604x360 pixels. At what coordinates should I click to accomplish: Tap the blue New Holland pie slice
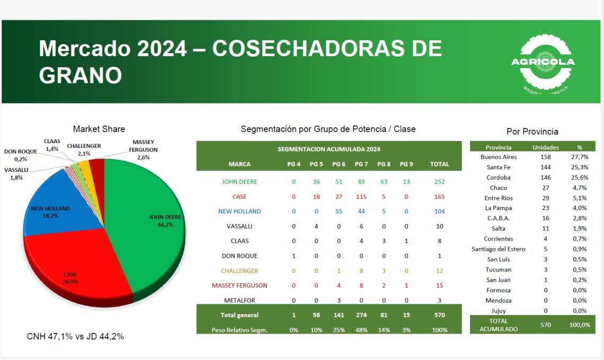pyautogui.click(x=61, y=204)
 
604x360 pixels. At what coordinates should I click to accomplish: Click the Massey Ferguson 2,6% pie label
pyautogui.click(x=143, y=150)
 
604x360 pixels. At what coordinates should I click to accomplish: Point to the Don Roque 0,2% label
pyautogui.click(x=21, y=155)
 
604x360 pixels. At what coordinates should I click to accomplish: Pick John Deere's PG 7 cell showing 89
pyautogui.click(x=361, y=182)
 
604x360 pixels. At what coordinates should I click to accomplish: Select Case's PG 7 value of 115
pyautogui.click(x=361, y=197)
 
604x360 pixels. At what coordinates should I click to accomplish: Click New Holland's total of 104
pyautogui.click(x=440, y=211)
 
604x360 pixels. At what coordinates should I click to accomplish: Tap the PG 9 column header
pyautogui.click(x=406, y=164)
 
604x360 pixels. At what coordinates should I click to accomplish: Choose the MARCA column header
pyautogui.click(x=239, y=164)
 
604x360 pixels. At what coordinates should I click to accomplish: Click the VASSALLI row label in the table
pyautogui.click(x=239, y=226)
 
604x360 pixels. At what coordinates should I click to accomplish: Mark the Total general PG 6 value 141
pyautogui.click(x=339, y=315)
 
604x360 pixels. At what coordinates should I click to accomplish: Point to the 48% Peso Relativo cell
pyautogui.click(x=361, y=330)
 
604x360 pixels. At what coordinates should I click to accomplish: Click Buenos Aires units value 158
pyautogui.click(x=545, y=157)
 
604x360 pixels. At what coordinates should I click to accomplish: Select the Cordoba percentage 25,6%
pyautogui.click(x=580, y=178)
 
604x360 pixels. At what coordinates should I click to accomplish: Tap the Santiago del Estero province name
pyautogui.click(x=499, y=249)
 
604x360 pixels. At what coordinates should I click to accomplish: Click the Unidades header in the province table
pyautogui.click(x=545, y=147)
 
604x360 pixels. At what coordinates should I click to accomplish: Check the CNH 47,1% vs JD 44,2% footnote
pyautogui.click(x=75, y=337)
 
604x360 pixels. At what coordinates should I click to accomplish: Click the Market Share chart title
pyautogui.click(x=99, y=129)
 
